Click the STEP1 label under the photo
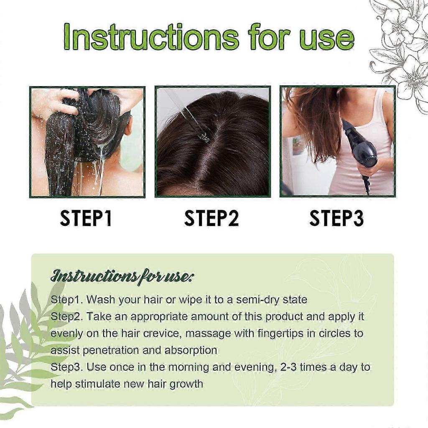pos(86,219)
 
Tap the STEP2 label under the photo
pos(211,219)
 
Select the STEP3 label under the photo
pos(336,219)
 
